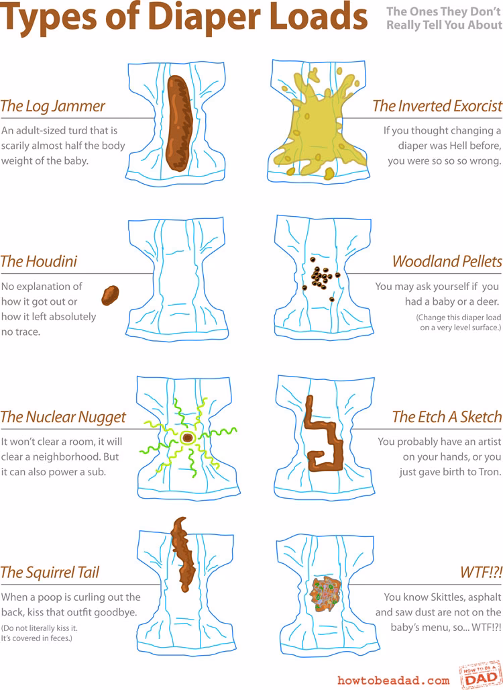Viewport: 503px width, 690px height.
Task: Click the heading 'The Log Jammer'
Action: click(x=53, y=106)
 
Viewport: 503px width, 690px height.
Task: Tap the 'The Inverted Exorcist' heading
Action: click(x=437, y=106)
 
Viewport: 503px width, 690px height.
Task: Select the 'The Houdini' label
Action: click(x=39, y=261)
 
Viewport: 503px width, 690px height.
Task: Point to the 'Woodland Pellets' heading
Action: click(x=447, y=261)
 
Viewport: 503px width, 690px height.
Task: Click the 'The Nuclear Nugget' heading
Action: click(x=63, y=417)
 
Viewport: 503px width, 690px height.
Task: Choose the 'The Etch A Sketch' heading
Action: click(x=447, y=417)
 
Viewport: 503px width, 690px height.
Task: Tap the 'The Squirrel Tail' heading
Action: click(x=50, y=573)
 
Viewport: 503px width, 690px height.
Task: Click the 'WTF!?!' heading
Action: click(x=481, y=573)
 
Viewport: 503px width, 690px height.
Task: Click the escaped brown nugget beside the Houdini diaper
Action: click(x=109, y=294)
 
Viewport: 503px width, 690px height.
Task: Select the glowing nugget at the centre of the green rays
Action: click(x=188, y=438)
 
